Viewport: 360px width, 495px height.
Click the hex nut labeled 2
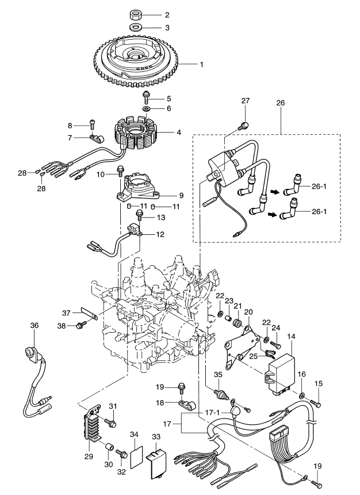(137, 14)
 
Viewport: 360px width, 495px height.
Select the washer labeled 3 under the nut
(136, 28)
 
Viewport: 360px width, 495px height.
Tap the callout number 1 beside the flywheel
(201, 64)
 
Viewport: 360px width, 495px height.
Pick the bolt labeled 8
(91, 124)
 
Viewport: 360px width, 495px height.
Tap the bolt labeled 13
(139, 216)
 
